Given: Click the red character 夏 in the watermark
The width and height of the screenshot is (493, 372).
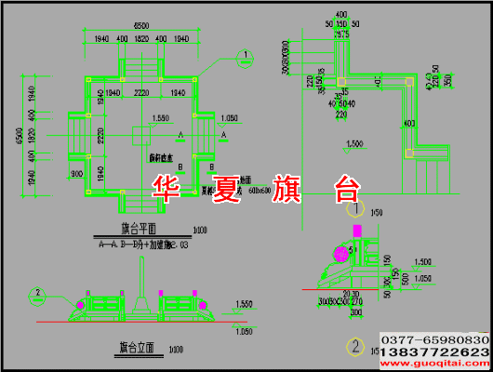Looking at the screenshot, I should click(226, 190).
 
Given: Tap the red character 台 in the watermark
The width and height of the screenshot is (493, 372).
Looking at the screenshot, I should click(346, 190).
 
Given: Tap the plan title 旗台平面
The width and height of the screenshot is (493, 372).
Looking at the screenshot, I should click(139, 228).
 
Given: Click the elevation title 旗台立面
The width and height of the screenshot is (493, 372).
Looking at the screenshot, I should click(136, 348).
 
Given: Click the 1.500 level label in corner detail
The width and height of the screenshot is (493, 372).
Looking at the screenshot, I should click(354, 143).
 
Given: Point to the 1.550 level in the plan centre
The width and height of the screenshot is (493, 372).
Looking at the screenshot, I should click(159, 119).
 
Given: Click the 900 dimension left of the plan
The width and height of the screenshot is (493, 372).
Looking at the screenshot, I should click(75, 174).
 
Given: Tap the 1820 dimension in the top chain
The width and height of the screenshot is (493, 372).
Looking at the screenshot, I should click(142, 38).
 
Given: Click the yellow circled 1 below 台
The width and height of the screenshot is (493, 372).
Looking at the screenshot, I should click(354, 211).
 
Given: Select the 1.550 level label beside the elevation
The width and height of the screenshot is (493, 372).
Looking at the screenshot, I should click(245, 304).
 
